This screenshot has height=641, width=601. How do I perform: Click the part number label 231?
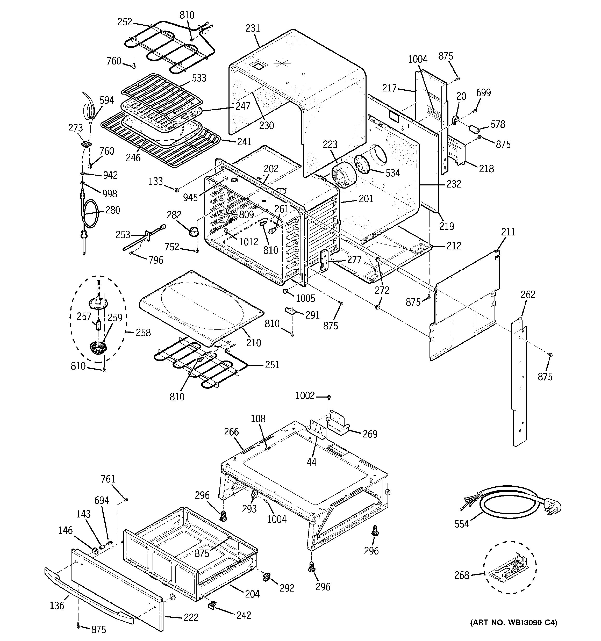253,28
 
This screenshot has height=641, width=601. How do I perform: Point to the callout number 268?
462,575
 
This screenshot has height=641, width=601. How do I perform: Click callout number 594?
106,100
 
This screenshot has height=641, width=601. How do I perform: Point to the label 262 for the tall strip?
528,294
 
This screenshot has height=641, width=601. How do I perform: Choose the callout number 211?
509,232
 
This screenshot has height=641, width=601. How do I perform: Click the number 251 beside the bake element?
272,365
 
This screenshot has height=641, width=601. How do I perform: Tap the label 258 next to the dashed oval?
143,333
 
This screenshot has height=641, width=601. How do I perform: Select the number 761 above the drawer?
108,479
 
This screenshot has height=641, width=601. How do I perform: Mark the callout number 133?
155,181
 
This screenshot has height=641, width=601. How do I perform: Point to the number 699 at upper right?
484,93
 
